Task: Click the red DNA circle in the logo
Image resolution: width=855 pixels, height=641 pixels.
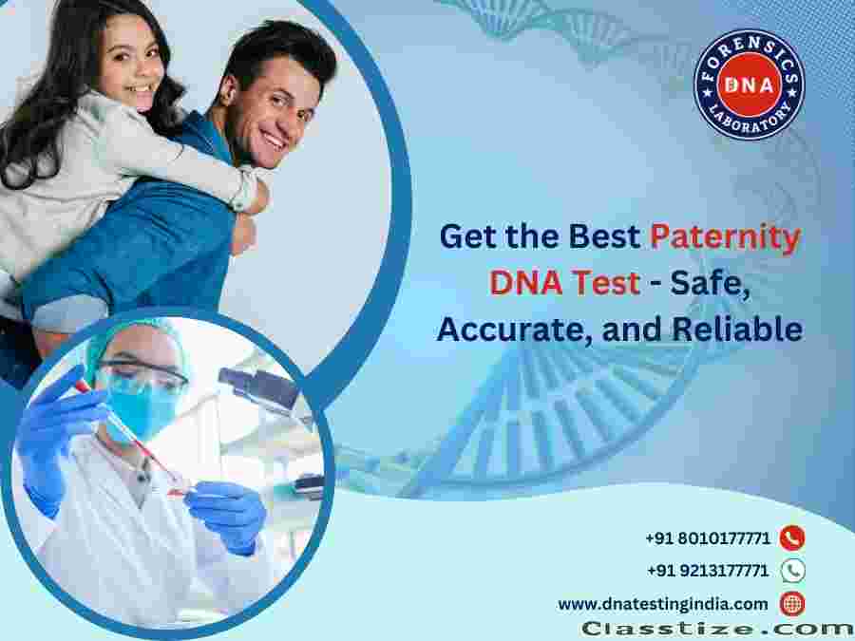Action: pos(749,85)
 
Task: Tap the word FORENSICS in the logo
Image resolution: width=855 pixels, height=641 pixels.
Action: pos(750,53)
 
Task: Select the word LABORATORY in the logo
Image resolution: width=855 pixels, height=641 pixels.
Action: pos(750,119)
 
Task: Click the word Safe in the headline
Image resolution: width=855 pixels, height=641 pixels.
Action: pos(710,283)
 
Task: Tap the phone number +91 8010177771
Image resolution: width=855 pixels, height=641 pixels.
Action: pos(708,538)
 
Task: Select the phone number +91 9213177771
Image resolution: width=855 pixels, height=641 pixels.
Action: pos(708,571)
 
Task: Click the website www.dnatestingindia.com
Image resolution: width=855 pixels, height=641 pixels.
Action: pos(662,605)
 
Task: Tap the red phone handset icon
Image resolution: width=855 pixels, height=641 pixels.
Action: pos(792,538)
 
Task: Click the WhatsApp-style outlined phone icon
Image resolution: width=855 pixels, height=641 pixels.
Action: pos(793,571)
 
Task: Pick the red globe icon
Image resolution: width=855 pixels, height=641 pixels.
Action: pos(792,604)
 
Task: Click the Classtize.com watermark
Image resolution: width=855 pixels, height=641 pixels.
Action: pos(717,629)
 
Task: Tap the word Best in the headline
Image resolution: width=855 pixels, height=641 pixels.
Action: pos(604,237)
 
